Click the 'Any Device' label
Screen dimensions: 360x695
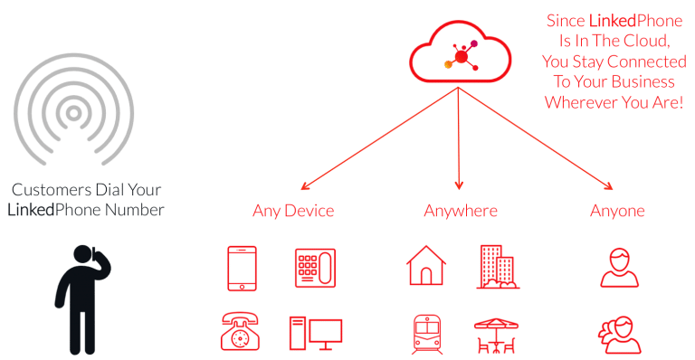tap(293, 212)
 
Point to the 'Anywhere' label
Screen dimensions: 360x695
tap(460, 212)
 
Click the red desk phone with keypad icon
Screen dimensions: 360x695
tap(314, 267)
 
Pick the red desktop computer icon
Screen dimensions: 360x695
tap(314, 332)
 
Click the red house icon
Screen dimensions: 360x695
tap(425, 267)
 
